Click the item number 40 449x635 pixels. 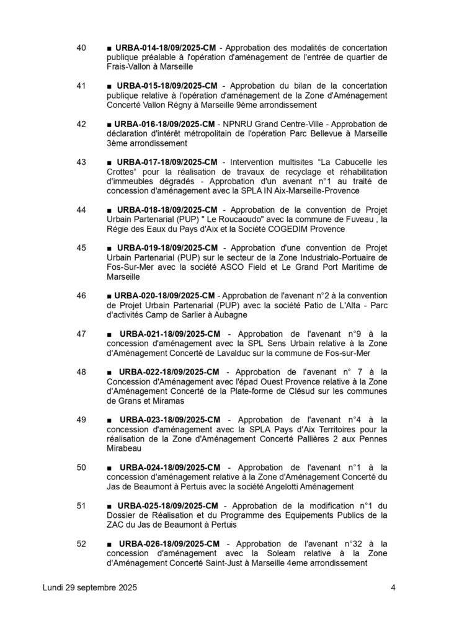coord(81,48)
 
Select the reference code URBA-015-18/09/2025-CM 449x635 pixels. coord(166,86)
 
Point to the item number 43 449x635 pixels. coord(81,162)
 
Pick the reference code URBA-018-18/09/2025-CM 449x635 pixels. coord(166,210)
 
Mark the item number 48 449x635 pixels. coord(81,371)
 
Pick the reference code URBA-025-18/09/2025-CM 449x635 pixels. coord(166,505)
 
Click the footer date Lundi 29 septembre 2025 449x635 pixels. coord(90,588)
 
